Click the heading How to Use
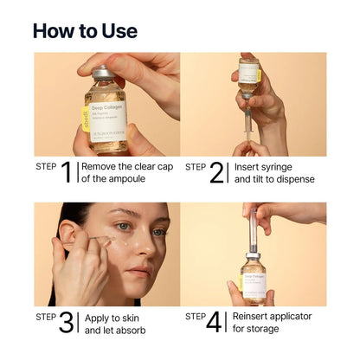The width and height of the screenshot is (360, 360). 85,30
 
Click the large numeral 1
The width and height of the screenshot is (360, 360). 67,173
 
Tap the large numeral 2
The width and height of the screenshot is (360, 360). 216,173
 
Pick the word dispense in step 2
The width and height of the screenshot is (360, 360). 293,180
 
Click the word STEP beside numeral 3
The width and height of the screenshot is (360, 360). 46,317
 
